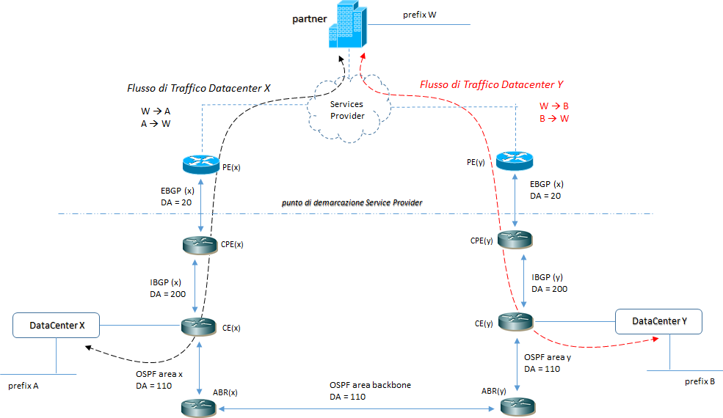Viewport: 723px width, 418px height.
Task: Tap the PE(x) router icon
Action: [200, 164]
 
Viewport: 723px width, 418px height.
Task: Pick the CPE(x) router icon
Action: [200, 246]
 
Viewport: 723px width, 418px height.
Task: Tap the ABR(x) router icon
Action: [200, 406]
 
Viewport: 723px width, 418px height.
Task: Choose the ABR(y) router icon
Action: [516, 406]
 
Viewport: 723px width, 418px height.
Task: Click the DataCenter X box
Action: [57, 325]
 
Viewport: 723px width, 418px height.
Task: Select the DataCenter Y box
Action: [658, 321]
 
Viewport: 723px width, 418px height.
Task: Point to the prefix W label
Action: [419, 15]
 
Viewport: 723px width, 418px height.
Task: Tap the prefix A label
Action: [23, 386]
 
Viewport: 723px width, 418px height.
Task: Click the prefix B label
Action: [699, 381]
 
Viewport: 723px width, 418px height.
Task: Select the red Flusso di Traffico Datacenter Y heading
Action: [491, 84]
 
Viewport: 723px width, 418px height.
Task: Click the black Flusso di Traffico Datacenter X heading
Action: [199, 88]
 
